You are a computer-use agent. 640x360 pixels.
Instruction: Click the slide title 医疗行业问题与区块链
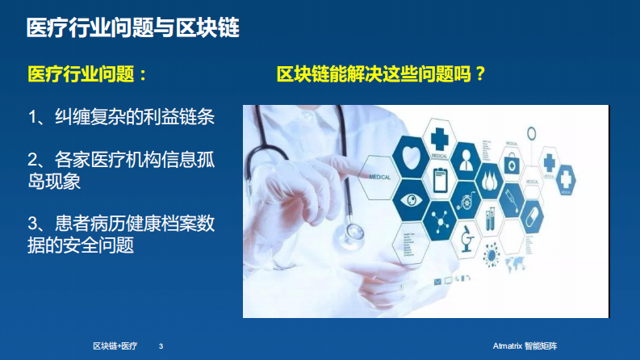tap(132, 28)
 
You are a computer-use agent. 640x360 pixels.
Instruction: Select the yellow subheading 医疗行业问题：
tap(88, 74)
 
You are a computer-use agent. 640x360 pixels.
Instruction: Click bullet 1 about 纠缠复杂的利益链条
tap(121, 118)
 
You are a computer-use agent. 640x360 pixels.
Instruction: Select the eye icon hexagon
tap(411, 199)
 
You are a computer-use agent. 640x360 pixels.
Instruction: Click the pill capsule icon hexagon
tap(532, 216)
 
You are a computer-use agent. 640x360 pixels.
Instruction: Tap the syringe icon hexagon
tap(512, 195)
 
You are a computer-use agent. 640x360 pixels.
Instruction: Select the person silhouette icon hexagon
tap(466, 161)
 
